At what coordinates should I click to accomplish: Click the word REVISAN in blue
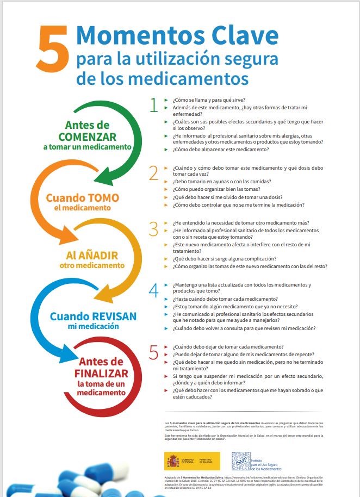coord(107,316)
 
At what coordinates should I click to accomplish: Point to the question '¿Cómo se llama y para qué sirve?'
coord(208,100)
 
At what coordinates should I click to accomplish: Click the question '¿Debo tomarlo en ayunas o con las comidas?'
coord(222,182)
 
